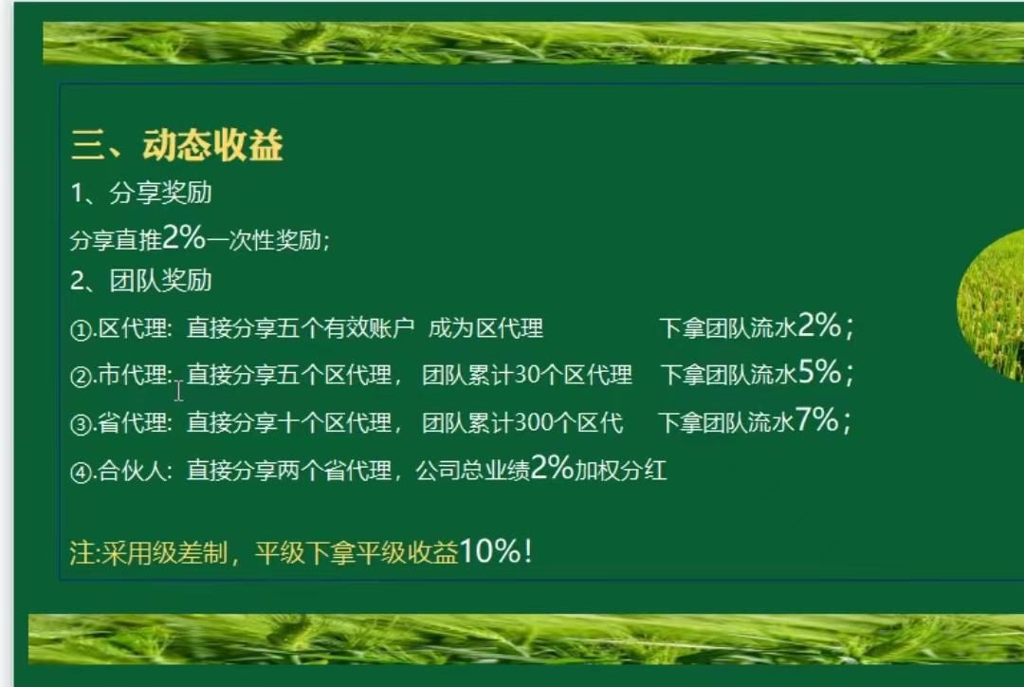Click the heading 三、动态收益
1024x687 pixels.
pyautogui.click(x=177, y=146)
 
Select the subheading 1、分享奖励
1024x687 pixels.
pyautogui.click(x=141, y=194)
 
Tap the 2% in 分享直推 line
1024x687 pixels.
pyautogui.click(x=184, y=238)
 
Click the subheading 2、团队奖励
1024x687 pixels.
pyautogui.click(x=141, y=281)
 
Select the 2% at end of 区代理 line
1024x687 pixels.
pyautogui.click(x=819, y=326)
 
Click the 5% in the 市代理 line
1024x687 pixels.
pyautogui.click(x=819, y=373)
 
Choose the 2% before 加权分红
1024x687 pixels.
pyautogui.click(x=552, y=468)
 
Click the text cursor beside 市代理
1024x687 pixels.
pyautogui.click(x=178, y=390)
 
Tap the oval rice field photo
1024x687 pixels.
pyautogui.click(x=992, y=304)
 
